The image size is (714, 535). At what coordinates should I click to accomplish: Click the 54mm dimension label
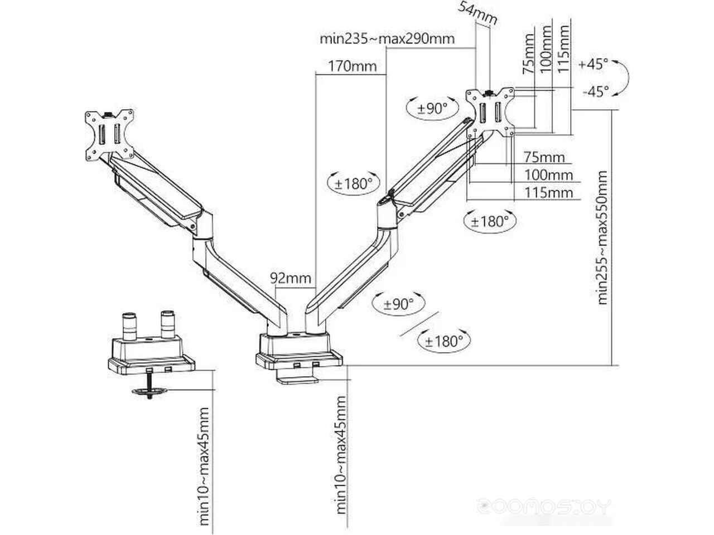point(477,13)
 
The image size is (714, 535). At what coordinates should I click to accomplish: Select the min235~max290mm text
point(387,39)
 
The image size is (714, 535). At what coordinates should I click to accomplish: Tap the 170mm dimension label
point(353,66)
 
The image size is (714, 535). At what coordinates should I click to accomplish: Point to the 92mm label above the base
point(291,278)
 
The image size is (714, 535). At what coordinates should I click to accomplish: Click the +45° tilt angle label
point(593,64)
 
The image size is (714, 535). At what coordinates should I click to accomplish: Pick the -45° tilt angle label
point(595,91)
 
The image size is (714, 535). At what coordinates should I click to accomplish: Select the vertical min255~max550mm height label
point(602,237)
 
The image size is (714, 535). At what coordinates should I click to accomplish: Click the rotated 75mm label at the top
point(528,53)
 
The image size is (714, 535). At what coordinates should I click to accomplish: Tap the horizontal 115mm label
point(548,193)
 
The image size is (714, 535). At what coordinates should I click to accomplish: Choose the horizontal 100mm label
point(548,176)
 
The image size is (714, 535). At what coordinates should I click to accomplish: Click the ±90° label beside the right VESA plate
point(432,109)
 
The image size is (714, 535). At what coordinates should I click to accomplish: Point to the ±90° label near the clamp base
point(398,304)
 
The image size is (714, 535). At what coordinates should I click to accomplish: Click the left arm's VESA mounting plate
point(110,135)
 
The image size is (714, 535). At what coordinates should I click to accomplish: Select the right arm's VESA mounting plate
point(490,112)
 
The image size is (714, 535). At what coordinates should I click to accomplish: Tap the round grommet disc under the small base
point(149,391)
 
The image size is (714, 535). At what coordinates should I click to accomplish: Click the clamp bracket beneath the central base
point(297,380)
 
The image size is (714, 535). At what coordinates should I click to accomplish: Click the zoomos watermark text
point(544,507)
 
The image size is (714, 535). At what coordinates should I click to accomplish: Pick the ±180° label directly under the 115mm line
point(490,222)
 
